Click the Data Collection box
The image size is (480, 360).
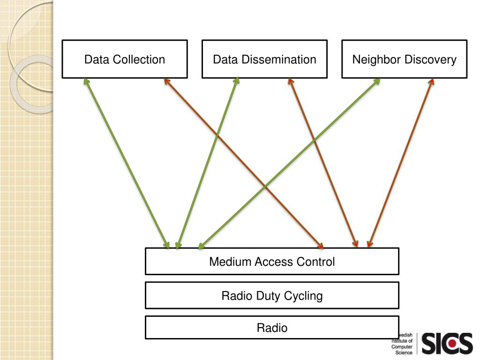125,59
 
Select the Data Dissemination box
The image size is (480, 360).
264,59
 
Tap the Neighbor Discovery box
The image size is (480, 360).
405,59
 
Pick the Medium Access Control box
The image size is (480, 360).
272,262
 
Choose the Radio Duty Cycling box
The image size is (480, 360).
272,295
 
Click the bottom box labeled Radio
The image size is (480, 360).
272,328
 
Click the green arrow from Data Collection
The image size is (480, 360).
127,163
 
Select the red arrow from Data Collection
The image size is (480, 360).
244,163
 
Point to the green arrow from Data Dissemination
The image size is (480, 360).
207,163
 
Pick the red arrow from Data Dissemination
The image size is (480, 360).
323,163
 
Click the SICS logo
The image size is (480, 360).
447,343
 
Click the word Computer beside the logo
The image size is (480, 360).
402,347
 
